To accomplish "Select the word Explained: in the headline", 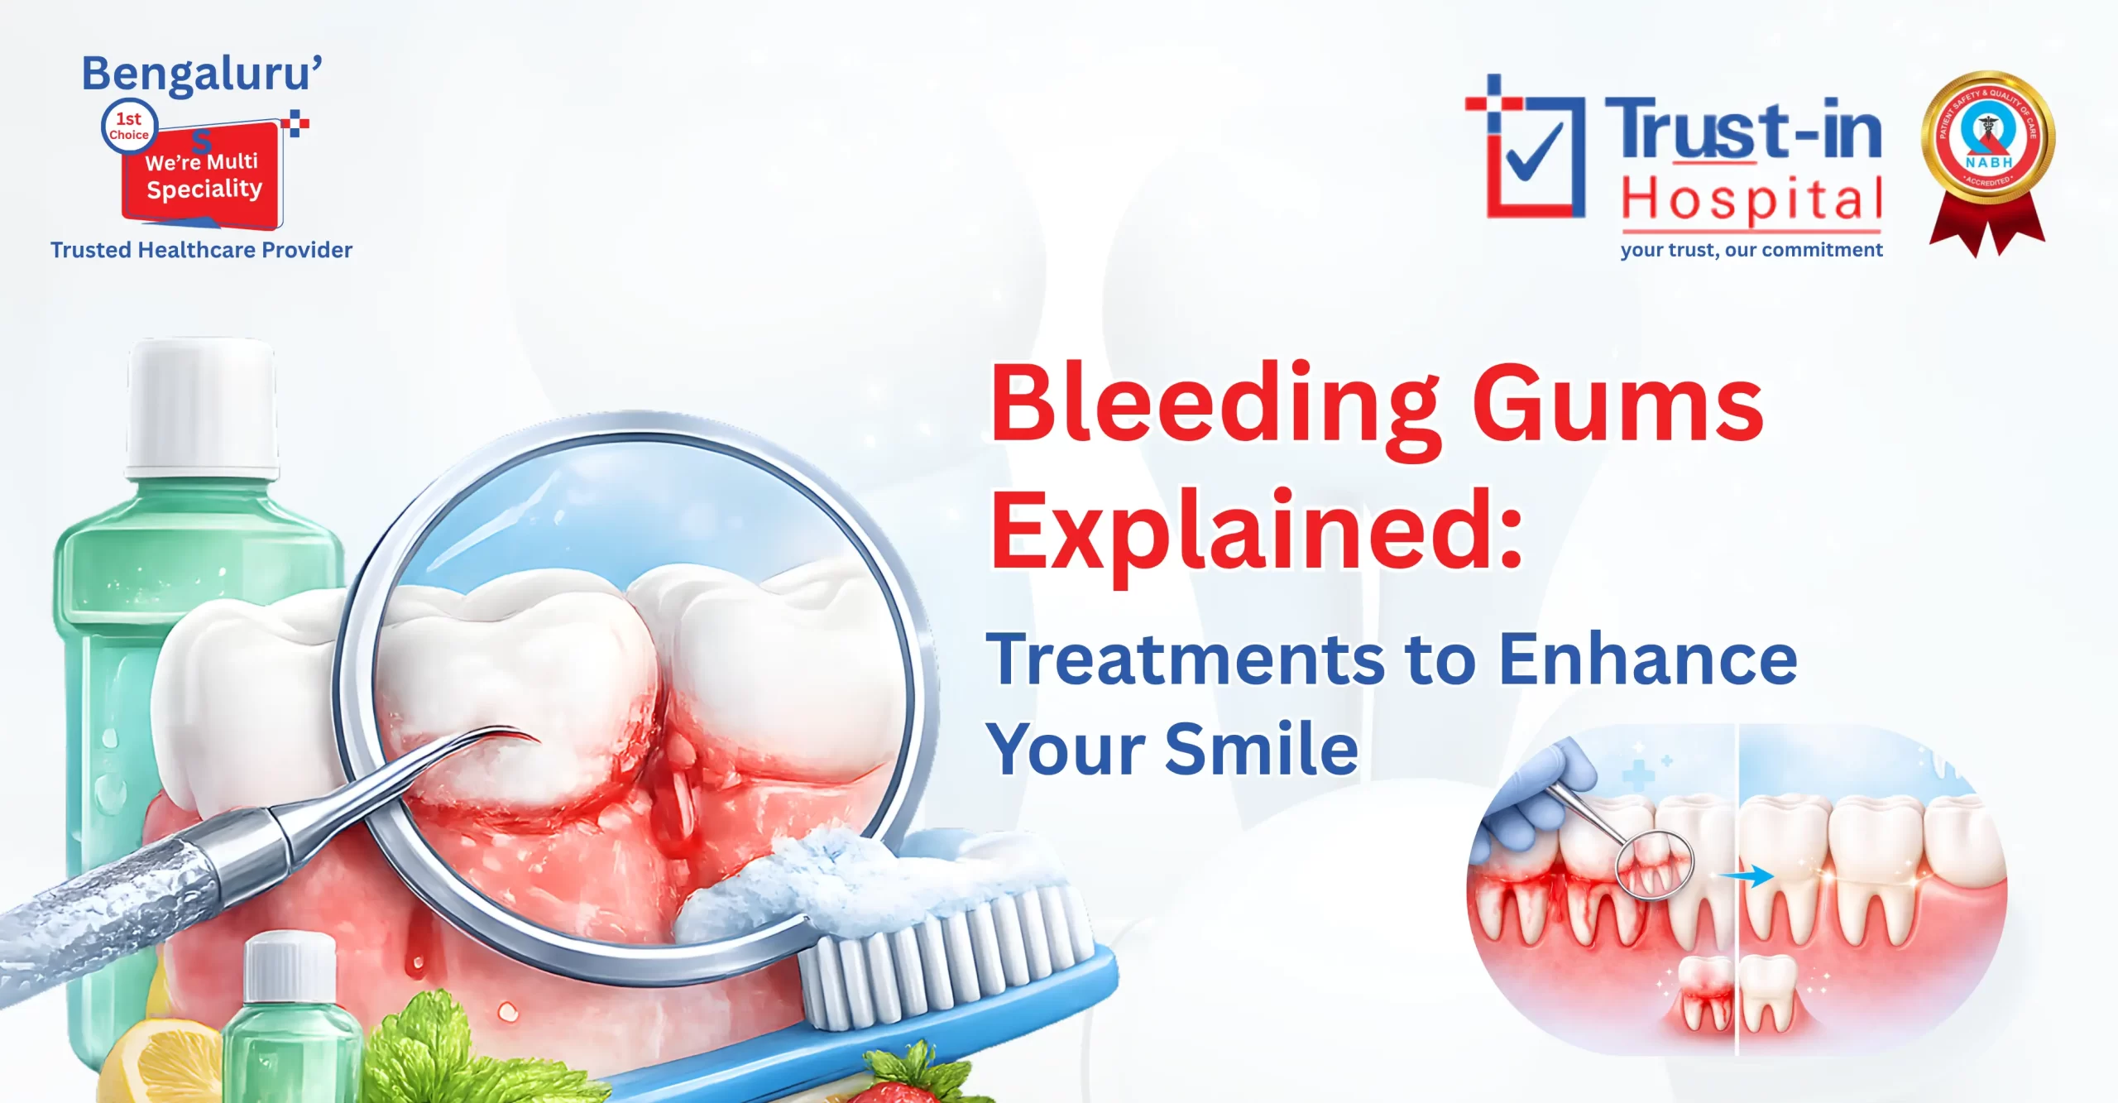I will [1256, 530].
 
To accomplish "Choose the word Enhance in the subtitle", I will [1647, 659].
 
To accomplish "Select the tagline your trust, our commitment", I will [1751, 250].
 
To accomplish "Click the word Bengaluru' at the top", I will [201, 74].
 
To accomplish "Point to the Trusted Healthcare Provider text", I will [201, 250].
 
